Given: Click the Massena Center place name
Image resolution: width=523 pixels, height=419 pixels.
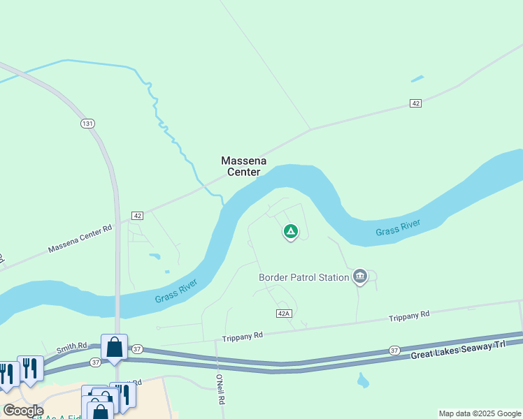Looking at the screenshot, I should (241, 166).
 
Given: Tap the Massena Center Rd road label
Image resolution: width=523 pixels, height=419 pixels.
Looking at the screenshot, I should (80, 239).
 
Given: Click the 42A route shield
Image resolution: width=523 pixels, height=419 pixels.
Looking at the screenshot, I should (283, 314).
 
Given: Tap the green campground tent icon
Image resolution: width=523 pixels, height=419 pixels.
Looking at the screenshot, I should (290, 231).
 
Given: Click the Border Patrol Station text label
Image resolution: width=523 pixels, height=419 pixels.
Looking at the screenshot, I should (303, 277).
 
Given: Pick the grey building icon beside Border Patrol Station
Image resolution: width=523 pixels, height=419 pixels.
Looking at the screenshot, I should (360, 277).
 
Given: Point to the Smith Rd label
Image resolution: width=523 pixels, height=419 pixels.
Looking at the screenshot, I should (72, 346).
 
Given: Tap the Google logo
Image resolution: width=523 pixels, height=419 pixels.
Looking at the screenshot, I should (23, 410).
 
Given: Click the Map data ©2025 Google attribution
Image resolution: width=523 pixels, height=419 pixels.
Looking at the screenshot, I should (479, 413).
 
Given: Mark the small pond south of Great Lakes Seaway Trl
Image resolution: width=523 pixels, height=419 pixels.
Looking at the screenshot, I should (362, 381).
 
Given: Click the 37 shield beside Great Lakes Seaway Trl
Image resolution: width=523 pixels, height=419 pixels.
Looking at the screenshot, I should (394, 351).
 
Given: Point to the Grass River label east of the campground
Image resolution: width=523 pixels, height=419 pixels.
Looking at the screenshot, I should (398, 228).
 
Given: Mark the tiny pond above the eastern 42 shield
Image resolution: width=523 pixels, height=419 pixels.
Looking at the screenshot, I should (417, 78).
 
